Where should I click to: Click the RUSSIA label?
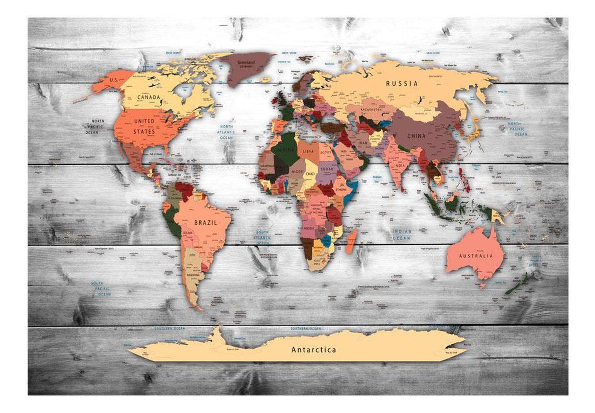pos(402,83)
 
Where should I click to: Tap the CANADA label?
pos(148,97)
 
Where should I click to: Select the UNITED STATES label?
pos(144,127)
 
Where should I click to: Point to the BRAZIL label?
pos(206,223)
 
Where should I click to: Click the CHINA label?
pos(416,136)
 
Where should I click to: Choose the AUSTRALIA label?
pos(476,256)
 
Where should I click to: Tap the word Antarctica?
pos(314,350)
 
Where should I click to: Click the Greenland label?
pos(246,63)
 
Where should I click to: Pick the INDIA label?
pos(400,165)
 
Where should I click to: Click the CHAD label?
pos(310,174)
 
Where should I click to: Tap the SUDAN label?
pos(327,169)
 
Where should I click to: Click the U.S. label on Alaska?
pos(114,80)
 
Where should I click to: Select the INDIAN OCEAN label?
pos(401,235)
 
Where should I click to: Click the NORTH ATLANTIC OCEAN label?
pos(227,132)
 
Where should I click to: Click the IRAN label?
pos(363,143)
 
